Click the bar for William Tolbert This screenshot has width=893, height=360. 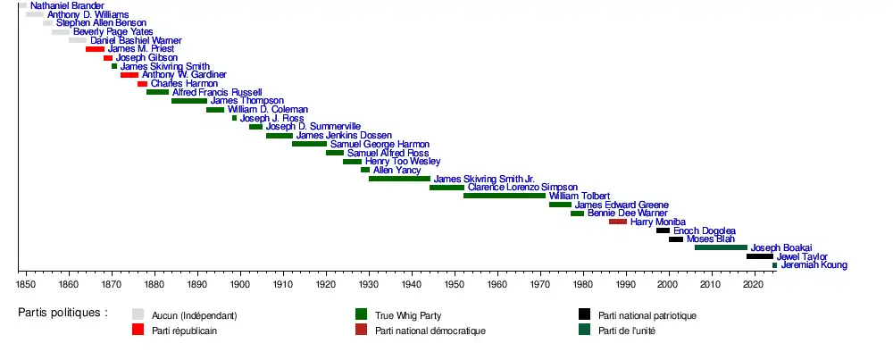pos(504,196)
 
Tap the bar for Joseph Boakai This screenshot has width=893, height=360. pos(721,247)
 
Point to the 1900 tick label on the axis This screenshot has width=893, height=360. pos(239,285)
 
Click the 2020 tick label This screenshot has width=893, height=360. pos(754,285)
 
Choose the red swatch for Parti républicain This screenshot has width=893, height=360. pos(138,330)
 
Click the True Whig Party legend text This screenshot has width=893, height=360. pos(408,315)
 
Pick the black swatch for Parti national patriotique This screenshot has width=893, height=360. pos(584,314)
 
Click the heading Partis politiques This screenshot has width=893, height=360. pos(63,314)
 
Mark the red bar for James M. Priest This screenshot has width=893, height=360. pos(95,49)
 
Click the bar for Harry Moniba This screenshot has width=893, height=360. pos(618,222)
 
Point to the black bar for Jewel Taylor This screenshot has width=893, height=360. pos(760,256)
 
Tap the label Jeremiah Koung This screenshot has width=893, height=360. pos(814,265)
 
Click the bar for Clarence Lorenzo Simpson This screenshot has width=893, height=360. pos(446,188)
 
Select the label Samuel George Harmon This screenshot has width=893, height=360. pos(380,144)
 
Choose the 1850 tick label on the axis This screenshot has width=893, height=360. pos(25,285)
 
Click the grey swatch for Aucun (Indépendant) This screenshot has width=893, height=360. pos(138,314)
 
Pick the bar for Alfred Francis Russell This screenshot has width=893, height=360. pos(157,92)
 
